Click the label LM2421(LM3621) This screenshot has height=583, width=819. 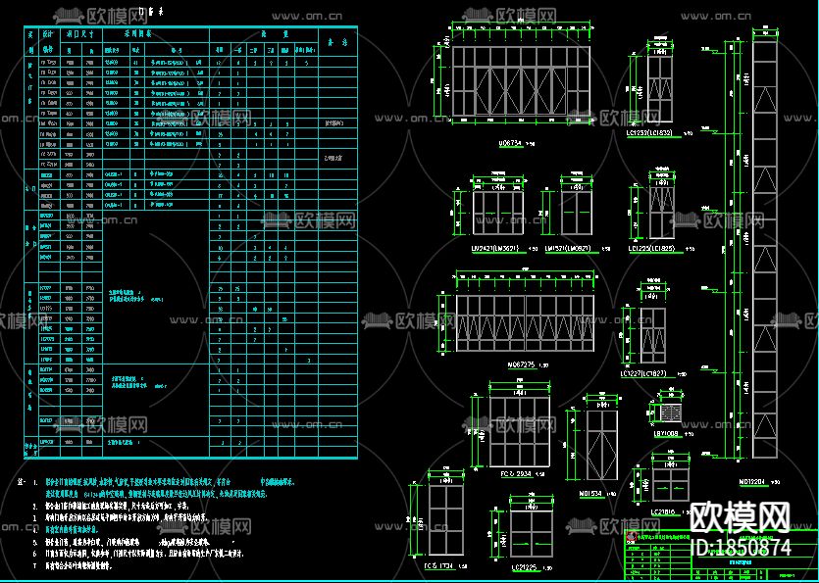(494, 248)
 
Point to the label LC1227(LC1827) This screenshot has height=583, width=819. (643, 373)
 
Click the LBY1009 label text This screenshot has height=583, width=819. (666, 432)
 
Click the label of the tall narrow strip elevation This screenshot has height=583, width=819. (750, 482)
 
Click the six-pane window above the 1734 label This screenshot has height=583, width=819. (443, 528)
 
